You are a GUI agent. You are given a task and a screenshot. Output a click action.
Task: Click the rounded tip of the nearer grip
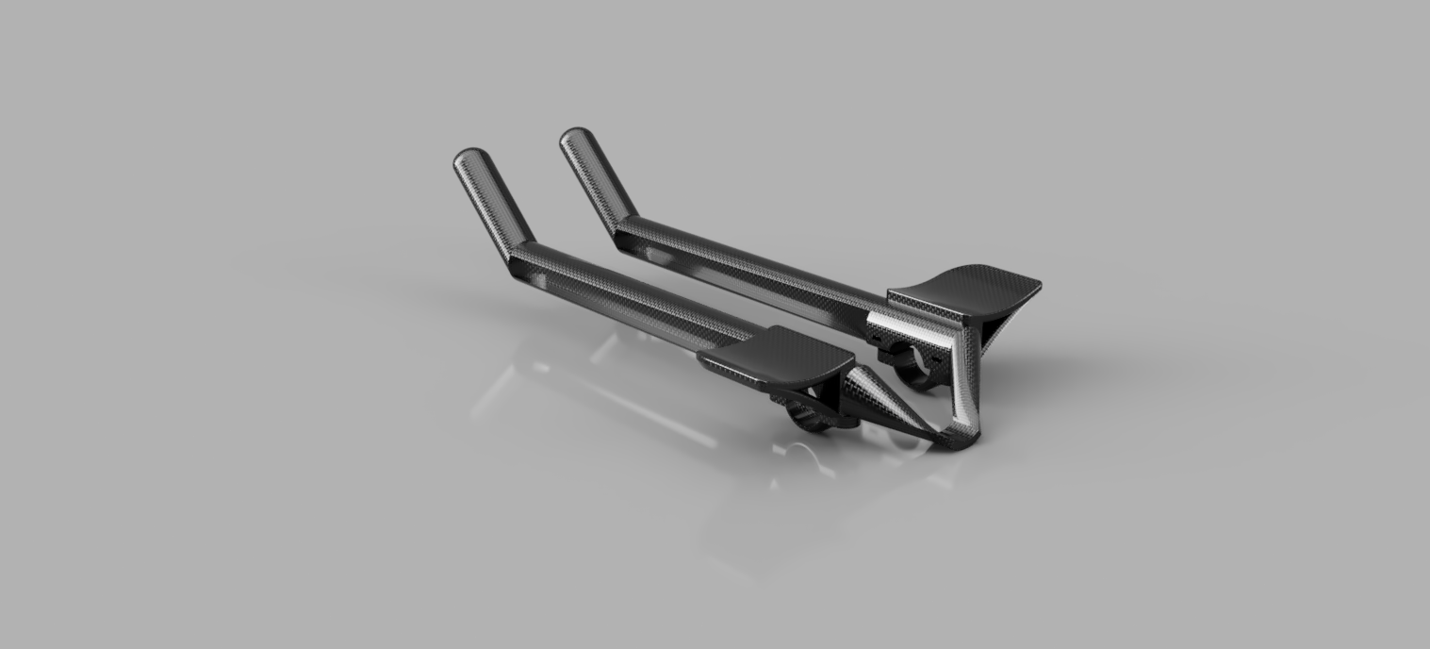(468, 158)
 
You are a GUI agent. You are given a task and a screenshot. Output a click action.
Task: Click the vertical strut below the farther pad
(963, 377)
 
